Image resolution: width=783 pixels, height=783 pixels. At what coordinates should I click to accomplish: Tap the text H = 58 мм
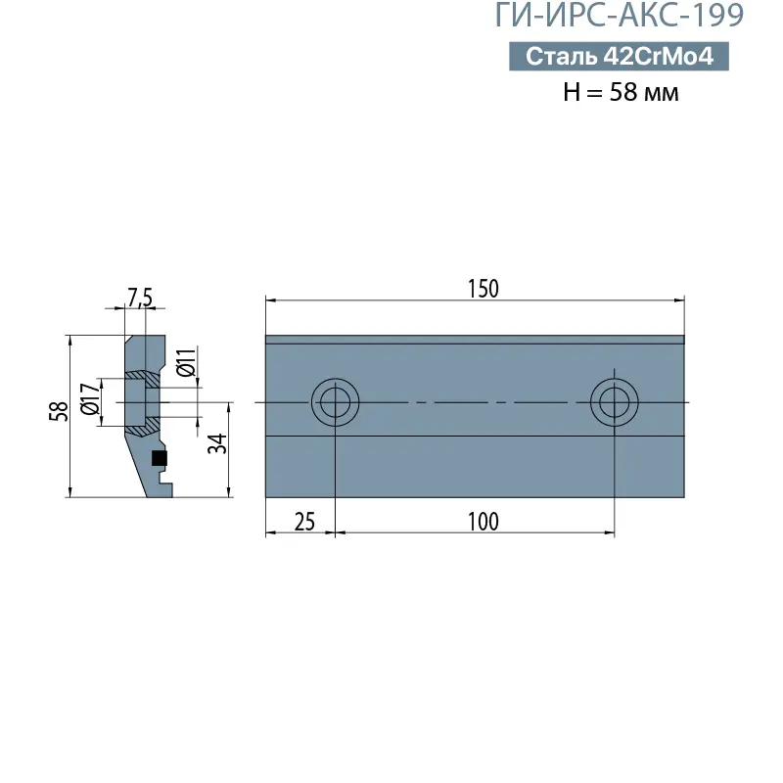[621, 93]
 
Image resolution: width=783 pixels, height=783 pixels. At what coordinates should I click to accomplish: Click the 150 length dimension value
[483, 288]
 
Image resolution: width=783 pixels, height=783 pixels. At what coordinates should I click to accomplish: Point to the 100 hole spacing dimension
[483, 521]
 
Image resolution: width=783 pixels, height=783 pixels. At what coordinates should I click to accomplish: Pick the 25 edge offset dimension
[304, 521]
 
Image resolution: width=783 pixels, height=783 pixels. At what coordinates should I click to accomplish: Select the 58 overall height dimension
[58, 412]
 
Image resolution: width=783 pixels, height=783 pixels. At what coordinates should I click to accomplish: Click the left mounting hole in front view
[336, 402]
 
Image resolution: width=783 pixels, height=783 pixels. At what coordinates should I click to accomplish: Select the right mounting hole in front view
[615, 402]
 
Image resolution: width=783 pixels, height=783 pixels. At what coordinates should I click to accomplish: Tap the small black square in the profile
[160, 458]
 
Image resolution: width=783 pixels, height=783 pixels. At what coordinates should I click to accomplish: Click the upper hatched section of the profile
[144, 376]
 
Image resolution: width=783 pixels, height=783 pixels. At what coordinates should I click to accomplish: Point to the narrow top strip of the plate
[475, 340]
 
